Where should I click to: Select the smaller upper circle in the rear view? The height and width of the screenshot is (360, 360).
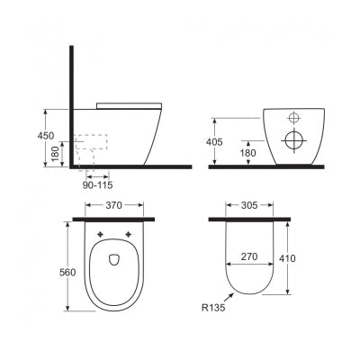click(x=293, y=118)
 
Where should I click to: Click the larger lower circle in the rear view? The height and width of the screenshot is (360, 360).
click(x=293, y=139)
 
